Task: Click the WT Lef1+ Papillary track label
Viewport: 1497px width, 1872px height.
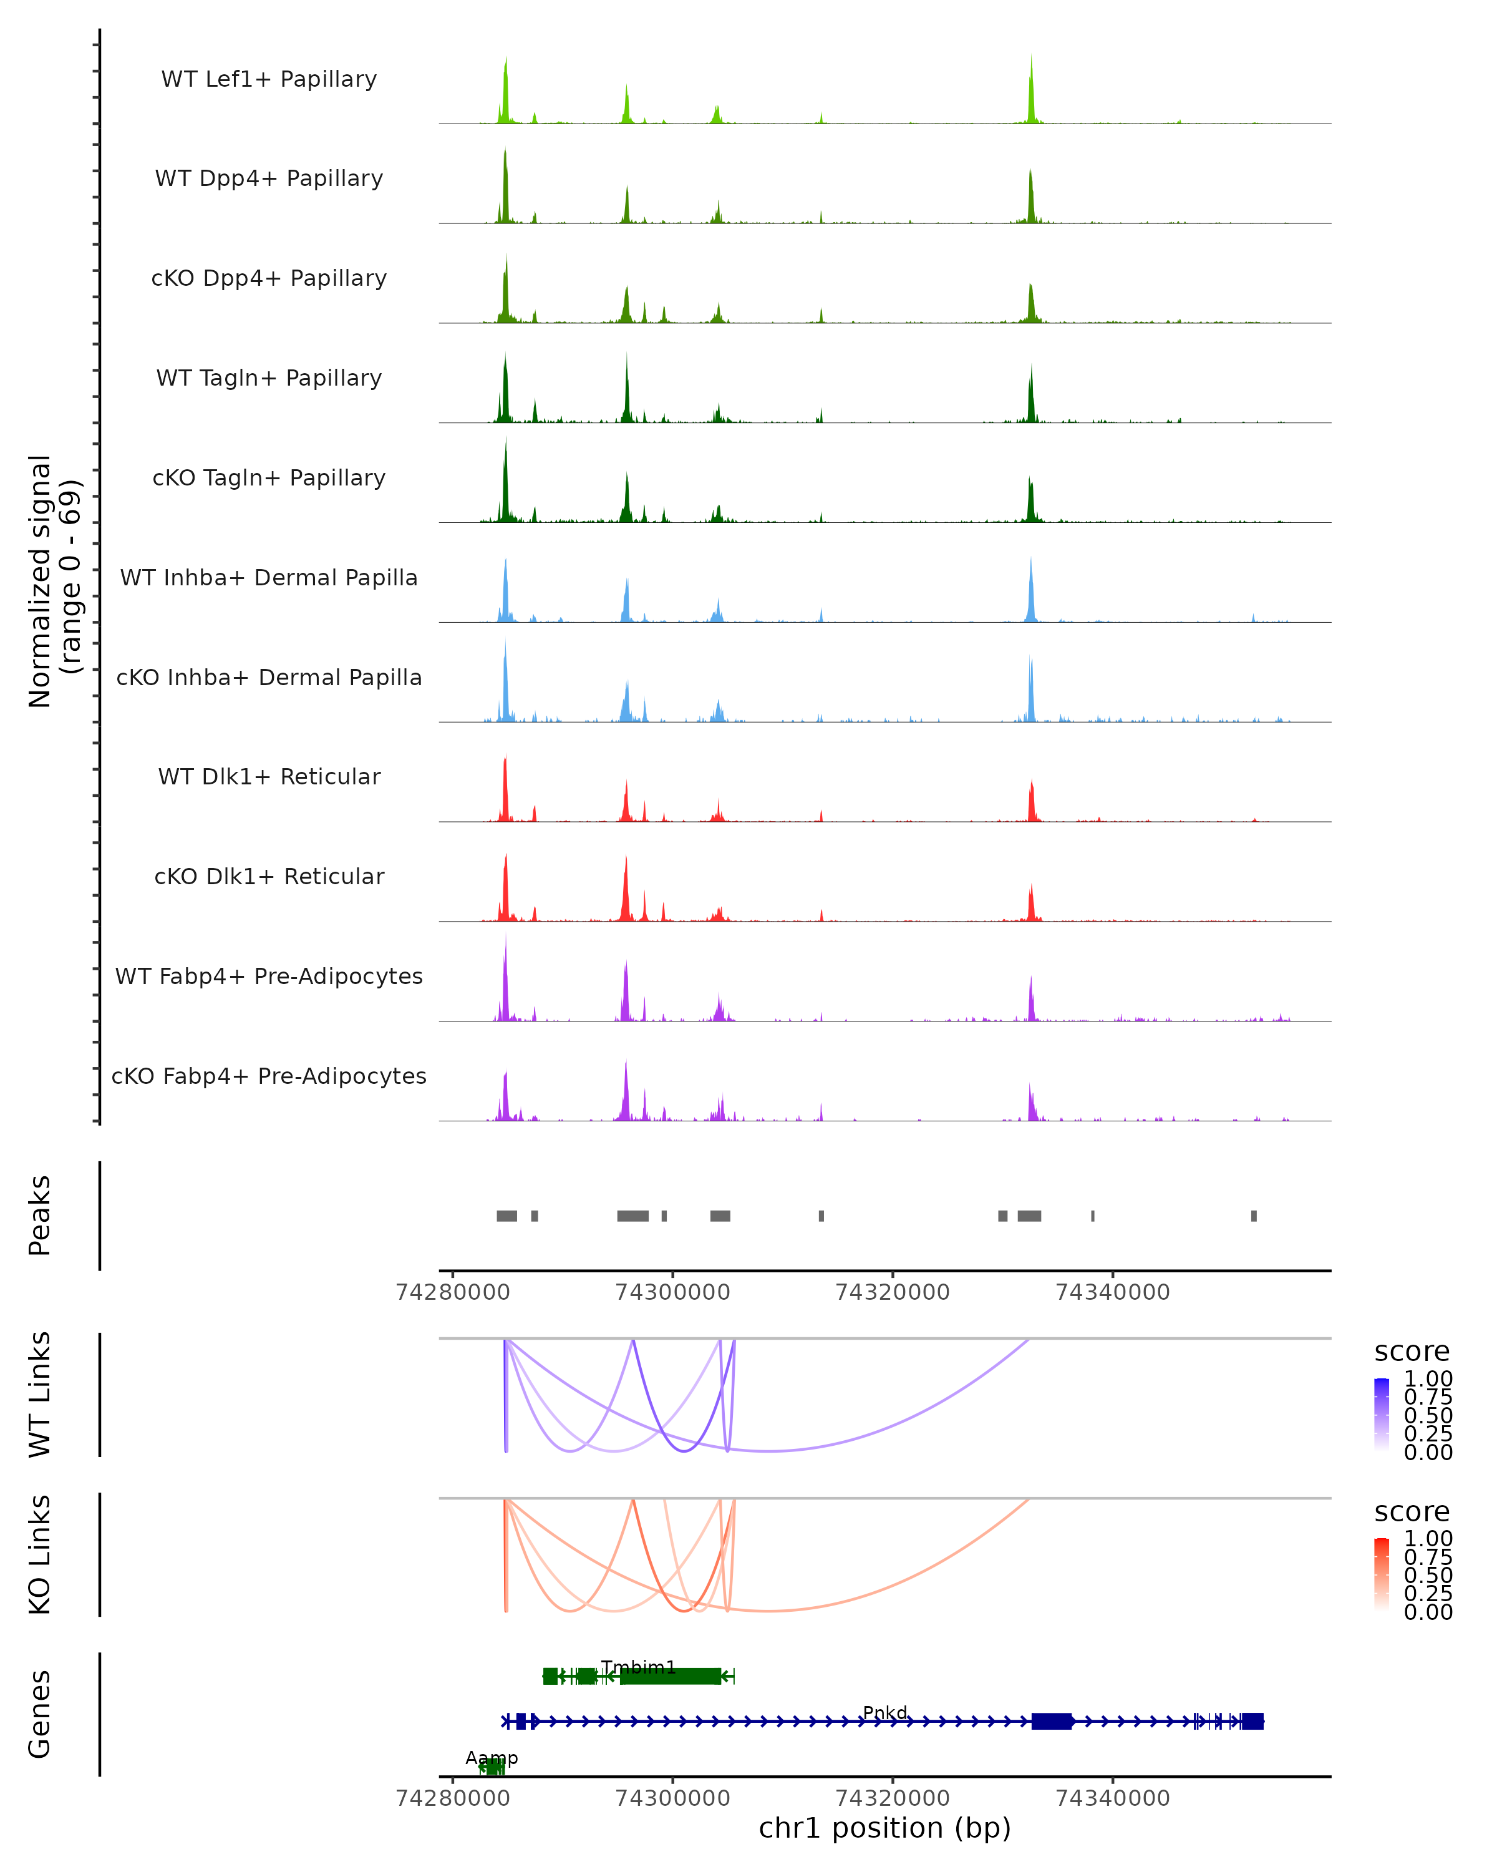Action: pos(269,79)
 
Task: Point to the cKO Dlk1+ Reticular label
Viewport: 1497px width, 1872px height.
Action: pos(269,876)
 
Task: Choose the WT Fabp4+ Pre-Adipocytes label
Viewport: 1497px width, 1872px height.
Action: pos(269,976)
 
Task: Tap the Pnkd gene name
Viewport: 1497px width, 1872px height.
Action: pos(884,1712)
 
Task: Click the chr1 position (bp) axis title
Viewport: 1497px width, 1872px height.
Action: pos(884,1828)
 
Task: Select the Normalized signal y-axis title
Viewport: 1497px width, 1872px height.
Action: pos(54,581)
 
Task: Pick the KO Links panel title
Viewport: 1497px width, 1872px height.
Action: pos(40,1554)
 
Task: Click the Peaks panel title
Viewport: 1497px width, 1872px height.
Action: pos(40,1216)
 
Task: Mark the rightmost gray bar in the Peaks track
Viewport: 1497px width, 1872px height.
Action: pos(1253,1216)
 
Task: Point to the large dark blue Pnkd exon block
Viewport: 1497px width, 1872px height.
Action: pos(1052,1721)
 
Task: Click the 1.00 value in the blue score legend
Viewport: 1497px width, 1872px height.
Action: pos(1428,1379)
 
